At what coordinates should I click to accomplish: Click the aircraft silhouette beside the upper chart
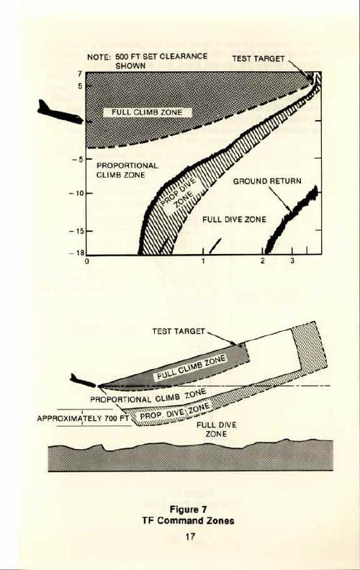[60, 113]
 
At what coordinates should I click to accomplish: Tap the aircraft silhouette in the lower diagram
[83, 381]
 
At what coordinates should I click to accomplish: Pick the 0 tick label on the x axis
[87, 261]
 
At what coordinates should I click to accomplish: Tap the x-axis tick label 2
[263, 261]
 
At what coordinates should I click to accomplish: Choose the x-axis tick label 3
[292, 261]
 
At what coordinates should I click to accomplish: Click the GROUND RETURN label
[267, 181]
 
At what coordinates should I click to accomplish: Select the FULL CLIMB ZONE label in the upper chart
[147, 112]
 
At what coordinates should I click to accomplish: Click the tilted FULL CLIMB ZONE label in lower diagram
[192, 368]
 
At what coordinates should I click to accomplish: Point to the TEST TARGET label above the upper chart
[258, 58]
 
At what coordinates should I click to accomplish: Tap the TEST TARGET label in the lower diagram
[179, 331]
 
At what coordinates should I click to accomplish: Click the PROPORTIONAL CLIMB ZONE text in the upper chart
[127, 170]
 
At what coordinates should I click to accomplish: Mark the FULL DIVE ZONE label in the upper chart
[234, 220]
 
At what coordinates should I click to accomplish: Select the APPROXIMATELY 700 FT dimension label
[83, 418]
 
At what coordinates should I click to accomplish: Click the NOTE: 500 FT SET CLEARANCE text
[148, 57]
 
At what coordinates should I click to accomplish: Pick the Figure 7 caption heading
[188, 510]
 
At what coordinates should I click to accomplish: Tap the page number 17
[190, 537]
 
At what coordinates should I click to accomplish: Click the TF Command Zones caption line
[188, 520]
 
